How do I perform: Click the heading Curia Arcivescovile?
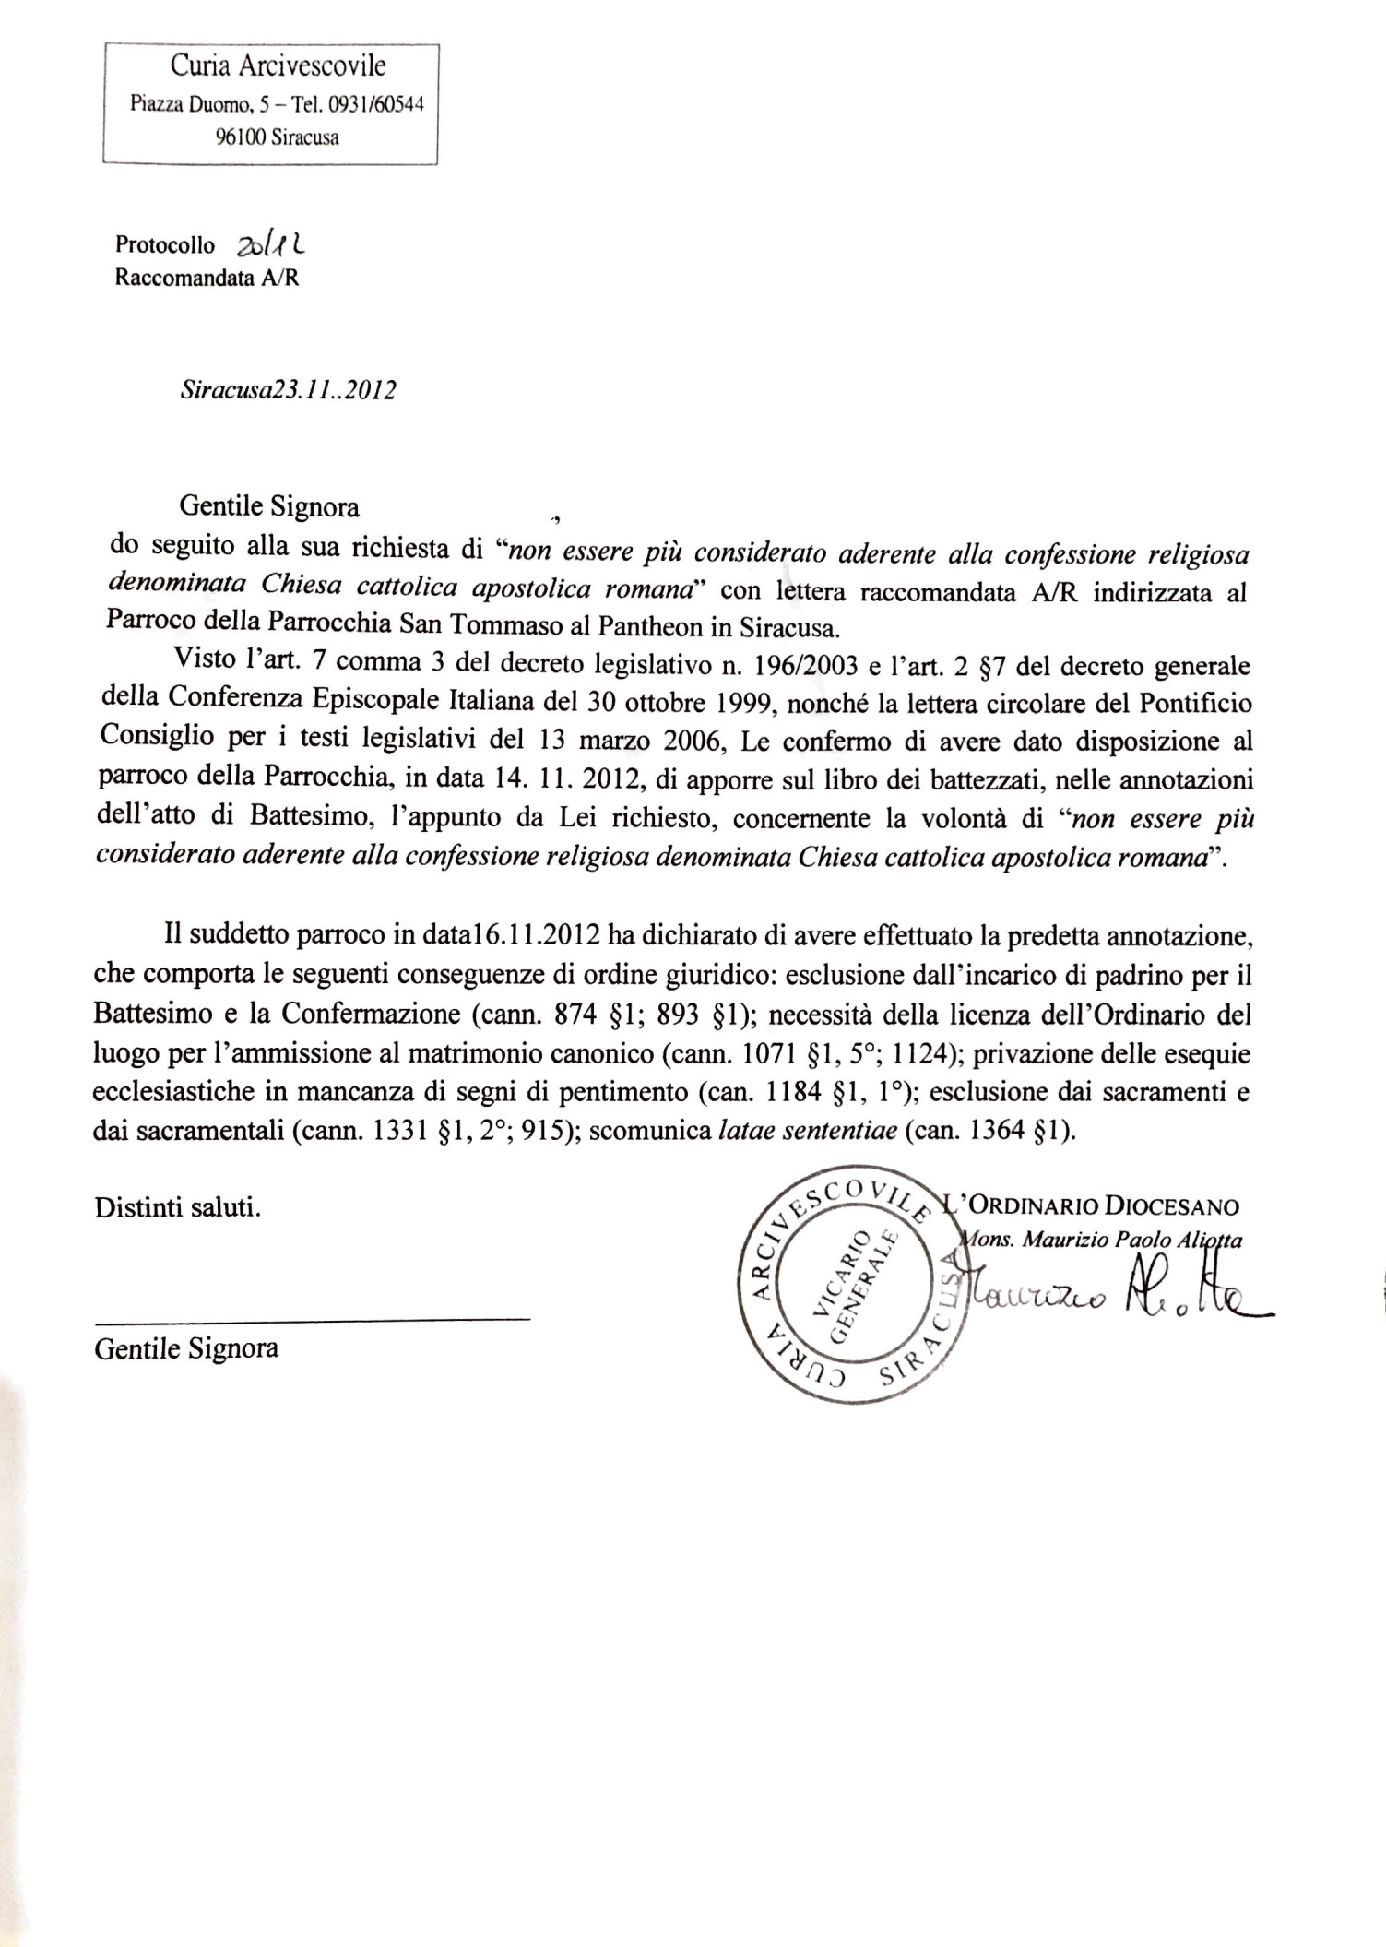click(x=278, y=66)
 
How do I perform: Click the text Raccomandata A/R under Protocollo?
click(x=207, y=277)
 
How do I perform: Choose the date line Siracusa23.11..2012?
click(x=289, y=389)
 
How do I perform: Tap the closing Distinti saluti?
click(x=177, y=1207)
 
